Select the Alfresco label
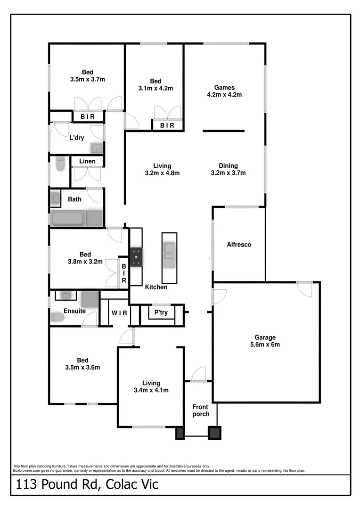pyautogui.click(x=239, y=245)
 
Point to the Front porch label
pyautogui.click(x=201, y=410)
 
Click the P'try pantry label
pyautogui.click(x=161, y=312)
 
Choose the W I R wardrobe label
pyautogui.click(x=119, y=313)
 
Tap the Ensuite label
pyautogui.click(x=74, y=311)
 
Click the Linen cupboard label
pyautogui.click(x=87, y=161)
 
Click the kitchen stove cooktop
pyautogui.click(x=137, y=257)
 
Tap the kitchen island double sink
pyautogui.click(x=169, y=251)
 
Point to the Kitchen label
pyautogui.click(x=156, y=287)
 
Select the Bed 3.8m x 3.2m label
pyautogui.click(x=84, y=258)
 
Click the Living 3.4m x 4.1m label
pyautogui.click(x=151, y=386)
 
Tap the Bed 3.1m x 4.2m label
pyautogui.click(x=155, y=84)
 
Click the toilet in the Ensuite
pyautogui.click(x=57, y=317)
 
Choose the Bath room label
pyautogui.click(x=74, y=199)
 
